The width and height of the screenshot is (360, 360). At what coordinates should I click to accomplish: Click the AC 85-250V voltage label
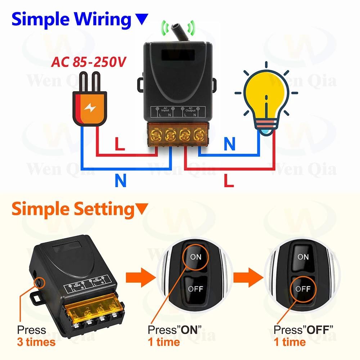88,62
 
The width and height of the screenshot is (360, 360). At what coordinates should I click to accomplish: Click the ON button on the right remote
303,256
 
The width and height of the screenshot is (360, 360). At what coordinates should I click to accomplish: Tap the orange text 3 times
36,341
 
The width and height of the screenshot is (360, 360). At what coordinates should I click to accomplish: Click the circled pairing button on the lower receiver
39,283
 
